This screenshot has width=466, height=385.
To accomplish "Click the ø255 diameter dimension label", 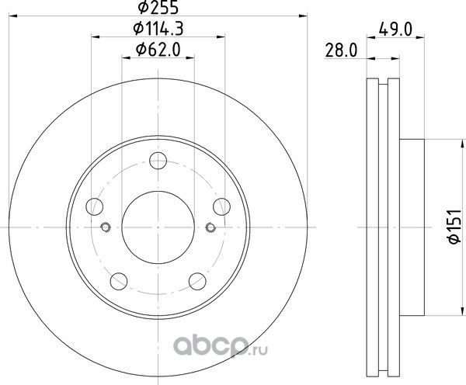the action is point(158,7).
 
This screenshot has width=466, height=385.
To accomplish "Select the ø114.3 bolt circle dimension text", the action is point(158,29).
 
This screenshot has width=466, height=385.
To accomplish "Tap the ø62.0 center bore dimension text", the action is point(158,50).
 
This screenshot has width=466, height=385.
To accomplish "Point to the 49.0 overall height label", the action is point(395,29).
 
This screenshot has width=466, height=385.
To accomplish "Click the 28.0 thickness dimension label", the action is point(341,50).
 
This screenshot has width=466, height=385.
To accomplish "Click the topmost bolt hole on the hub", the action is point(158,161).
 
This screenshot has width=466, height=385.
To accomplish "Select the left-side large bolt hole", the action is point(95,206).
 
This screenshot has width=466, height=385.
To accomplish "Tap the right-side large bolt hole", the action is point(221,206).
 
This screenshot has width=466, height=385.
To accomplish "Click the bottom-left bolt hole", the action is point(119,281).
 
